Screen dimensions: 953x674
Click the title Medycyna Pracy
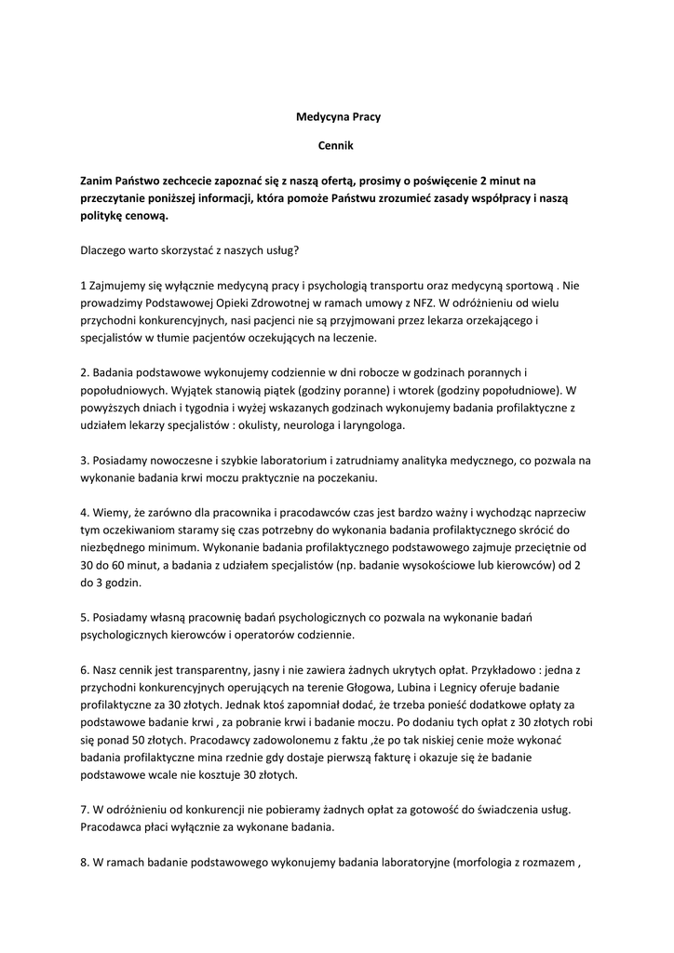click(x=338, y=117)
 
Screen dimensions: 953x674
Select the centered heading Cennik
click(x=337, y=146)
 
